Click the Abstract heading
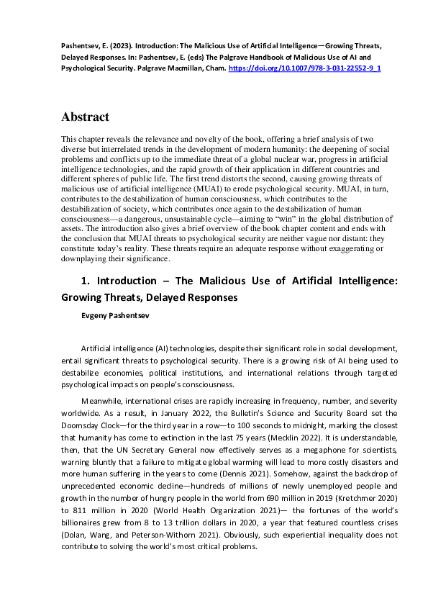tap(85, 117)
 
